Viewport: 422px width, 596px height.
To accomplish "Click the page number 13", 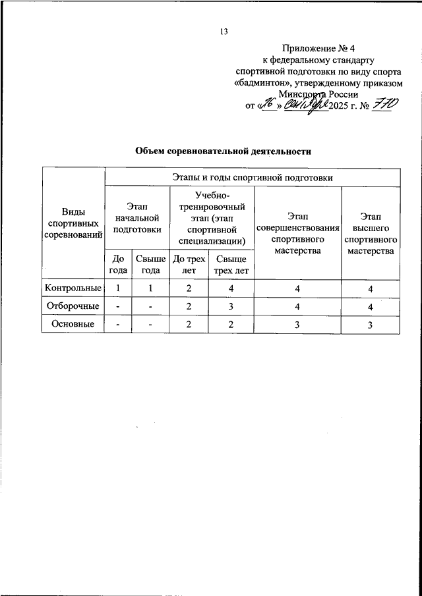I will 224,32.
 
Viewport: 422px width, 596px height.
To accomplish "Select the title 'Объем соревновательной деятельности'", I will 223,151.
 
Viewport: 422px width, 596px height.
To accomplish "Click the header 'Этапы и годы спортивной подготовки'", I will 253,177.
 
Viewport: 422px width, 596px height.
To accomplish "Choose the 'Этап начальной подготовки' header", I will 137,219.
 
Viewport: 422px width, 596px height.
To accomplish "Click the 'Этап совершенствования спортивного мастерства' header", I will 297,233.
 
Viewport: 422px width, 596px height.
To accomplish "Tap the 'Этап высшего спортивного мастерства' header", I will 371,233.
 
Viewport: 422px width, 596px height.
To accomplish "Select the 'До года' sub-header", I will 119,265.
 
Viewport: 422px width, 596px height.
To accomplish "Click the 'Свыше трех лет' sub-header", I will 231,265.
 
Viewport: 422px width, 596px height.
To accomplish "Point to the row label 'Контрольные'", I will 73,288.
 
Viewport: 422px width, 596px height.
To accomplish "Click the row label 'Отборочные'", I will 73,306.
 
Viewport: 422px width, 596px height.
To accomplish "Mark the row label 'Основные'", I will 73,324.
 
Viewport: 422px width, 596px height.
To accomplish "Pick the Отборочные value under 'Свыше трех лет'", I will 231,306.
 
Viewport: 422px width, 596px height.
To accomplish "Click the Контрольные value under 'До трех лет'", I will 189,288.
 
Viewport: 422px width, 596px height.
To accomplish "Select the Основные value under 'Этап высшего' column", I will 371,324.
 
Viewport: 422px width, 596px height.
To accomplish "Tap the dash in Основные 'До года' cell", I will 118,324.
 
